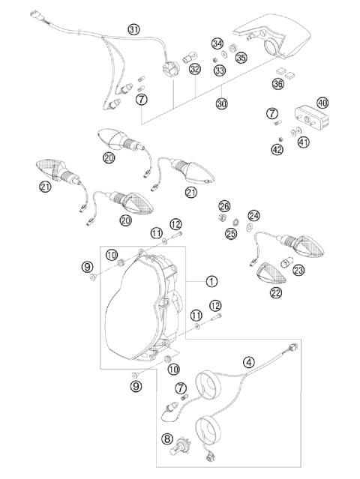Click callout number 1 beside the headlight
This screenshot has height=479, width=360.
[x=212, y=281]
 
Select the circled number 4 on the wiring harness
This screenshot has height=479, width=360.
[x=248, y=361]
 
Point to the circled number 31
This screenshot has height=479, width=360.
[x=133, y=29]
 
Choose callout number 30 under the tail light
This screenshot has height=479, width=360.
[x=220, y=103]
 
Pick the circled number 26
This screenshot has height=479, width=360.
[x=224, y=205]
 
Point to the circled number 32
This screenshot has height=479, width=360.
[x=194, y=69]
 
